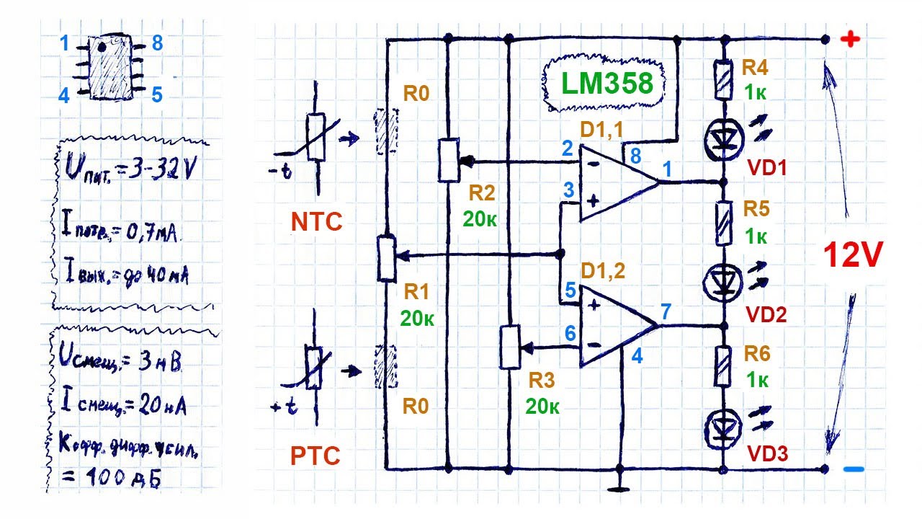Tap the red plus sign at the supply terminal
pyautogui.click(x=851, y=40)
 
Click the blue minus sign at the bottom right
pyautogui.click(x=853, y=470)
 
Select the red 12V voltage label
pyautogui.click(x=852, y=256)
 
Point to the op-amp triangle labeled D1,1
pyautogui.click(x=616, y=181)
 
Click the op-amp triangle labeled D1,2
pyautogui.click(x=616, y=326)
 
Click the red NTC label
pyautogui.click(x=316, y=222)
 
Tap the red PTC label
pyautogui.click(x=315, y=456)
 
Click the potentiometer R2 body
pyautogui.click(x=448, y=160)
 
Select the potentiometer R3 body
pyautogui.click(x=509, y=347)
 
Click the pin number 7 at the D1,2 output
pyautogui.click(x=666, y=311)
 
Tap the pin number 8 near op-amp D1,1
pyautogui.click(x=635, y=156)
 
